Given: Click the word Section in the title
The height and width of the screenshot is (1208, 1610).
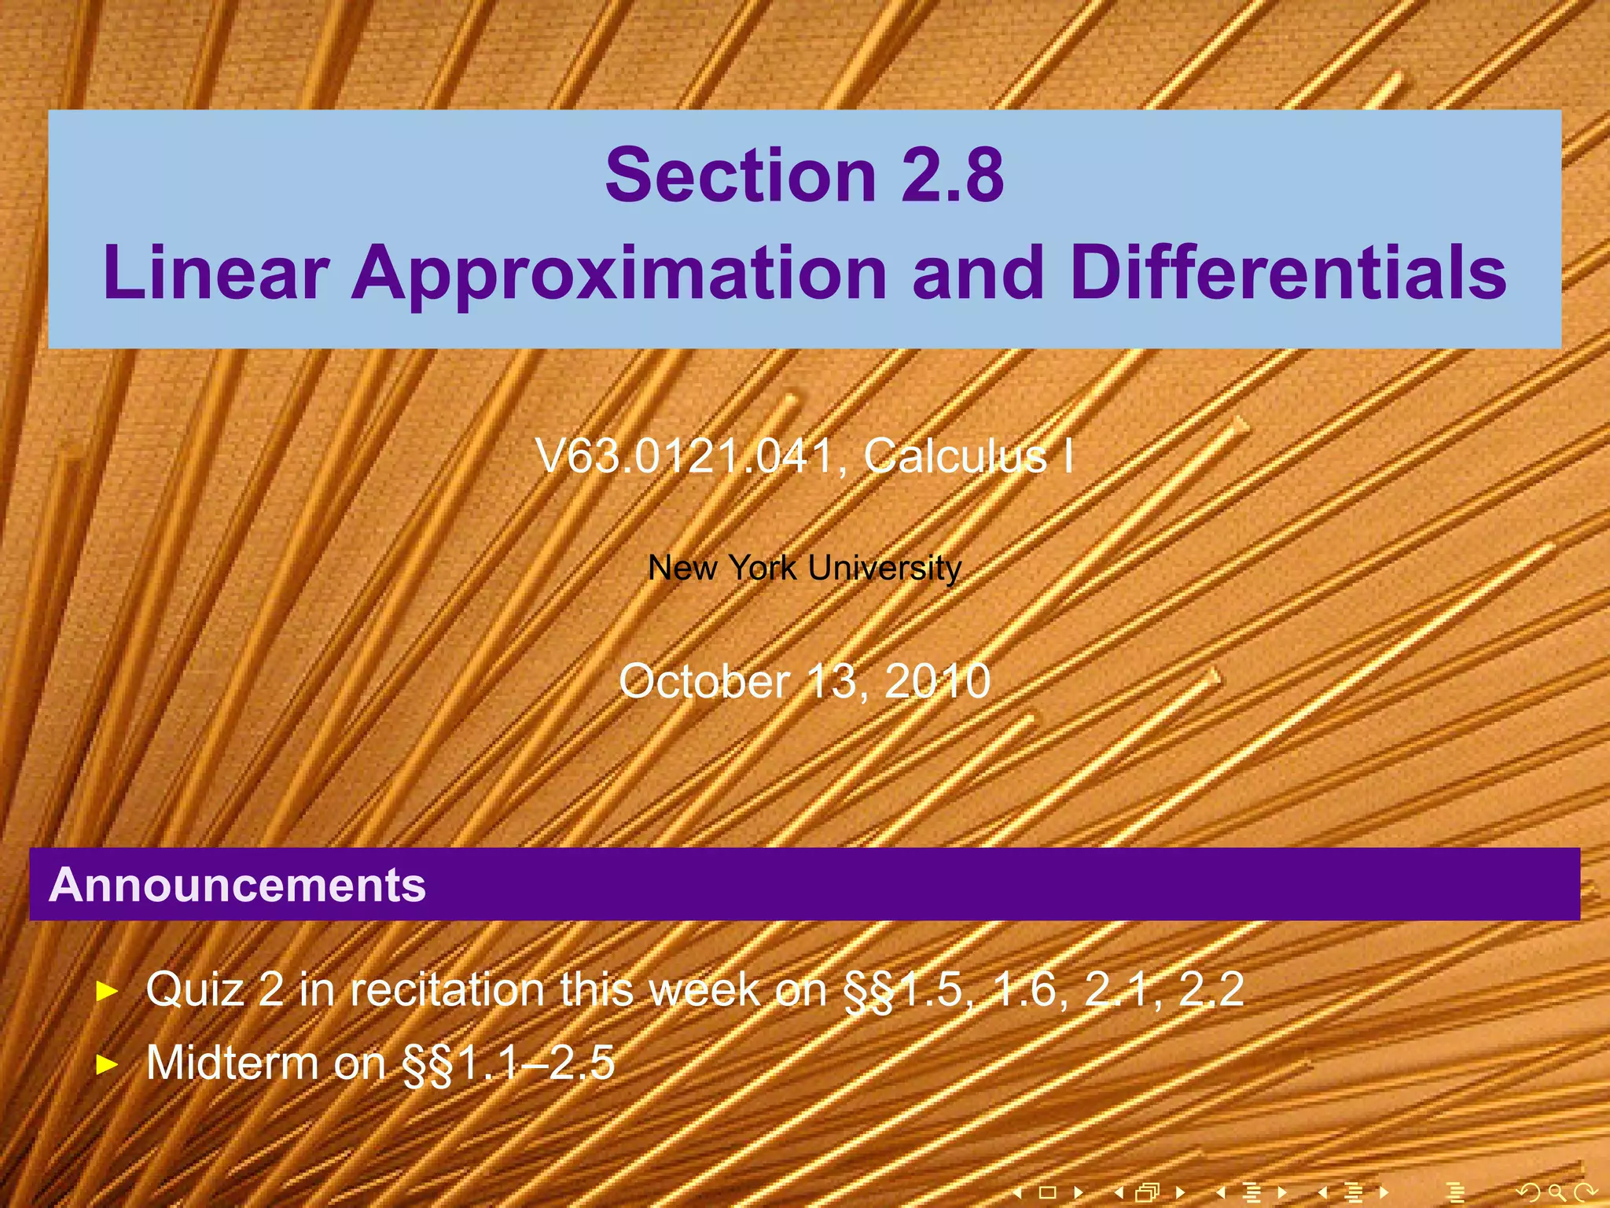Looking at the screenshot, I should pyautogui.click(x=740, y=175).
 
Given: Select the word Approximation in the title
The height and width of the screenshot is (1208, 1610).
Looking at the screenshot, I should pyautogui.click(x=619, y=273).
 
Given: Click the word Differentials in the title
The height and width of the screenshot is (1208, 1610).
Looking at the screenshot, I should pyautogui.click(x=1288, y=273).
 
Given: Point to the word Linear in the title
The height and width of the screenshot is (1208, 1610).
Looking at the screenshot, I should pyautogui.click(x=215, y=273).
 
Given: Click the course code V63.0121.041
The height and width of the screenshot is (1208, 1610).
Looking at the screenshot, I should pyautogui.click(x=684, y=456).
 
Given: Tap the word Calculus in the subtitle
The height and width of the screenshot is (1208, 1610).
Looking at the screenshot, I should pyautogui.click(x=955, y=456).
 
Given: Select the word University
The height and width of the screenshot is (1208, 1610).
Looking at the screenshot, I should pyautogui.click(x=884, y=568).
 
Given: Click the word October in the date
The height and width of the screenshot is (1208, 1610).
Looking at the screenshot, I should pyautogui.click(x=704, y=681).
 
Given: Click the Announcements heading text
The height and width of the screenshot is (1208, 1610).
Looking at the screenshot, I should pyautogui.click(x=237, y=885).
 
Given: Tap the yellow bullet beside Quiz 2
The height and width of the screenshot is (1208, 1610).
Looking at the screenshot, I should pyautogui.click(x=106, y=991).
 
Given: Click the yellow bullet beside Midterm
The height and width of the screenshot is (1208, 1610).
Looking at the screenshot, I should pyautogui.click(x=106, y=1065).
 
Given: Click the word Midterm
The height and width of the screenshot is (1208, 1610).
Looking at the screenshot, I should pyautogui.click(x=232, y=1063).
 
